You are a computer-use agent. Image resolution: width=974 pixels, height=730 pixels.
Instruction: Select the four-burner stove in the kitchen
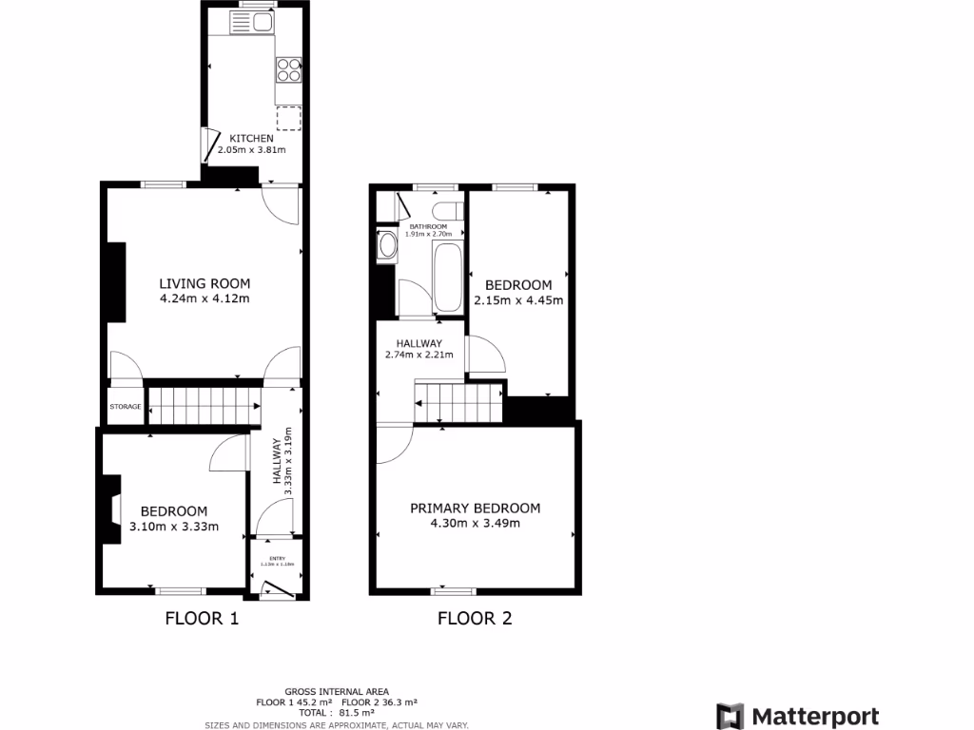288,69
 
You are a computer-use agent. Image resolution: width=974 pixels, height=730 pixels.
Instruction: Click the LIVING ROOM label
205,283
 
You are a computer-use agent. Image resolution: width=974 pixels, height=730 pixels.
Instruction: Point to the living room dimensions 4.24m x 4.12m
205,299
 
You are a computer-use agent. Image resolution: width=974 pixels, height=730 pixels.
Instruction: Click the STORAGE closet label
125,407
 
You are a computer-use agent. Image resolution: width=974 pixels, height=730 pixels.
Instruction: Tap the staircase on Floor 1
204,406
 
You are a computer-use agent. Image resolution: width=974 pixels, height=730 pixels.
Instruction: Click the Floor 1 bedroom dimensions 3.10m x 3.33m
174,527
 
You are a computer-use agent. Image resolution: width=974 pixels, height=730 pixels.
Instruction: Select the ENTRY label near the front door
277,558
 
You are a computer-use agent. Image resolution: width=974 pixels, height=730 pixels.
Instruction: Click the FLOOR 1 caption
202,619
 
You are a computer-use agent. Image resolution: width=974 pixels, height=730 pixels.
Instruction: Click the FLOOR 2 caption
475,619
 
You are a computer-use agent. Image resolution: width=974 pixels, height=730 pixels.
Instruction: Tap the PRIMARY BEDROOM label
475,508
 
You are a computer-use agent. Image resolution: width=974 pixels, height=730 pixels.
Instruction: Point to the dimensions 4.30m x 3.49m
475,523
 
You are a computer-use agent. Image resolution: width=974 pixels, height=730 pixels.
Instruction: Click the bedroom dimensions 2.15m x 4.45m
518,300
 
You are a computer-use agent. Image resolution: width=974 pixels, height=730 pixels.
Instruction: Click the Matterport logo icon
730,716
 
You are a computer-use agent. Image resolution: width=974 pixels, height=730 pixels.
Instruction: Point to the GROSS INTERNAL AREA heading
337,691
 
